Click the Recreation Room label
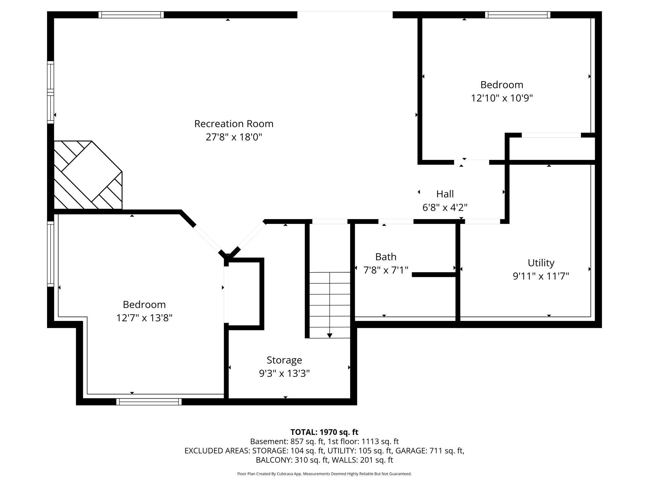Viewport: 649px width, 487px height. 234,124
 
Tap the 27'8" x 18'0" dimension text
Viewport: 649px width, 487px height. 234,137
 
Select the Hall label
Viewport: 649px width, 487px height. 445,194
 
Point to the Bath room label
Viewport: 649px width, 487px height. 386,257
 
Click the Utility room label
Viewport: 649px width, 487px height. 541,263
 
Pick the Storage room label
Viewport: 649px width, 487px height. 284,360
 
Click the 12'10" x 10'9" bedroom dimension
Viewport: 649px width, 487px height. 502,98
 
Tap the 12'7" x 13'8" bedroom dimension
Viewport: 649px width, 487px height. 144,318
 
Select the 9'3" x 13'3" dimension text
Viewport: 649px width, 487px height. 284,373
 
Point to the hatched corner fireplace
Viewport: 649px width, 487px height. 88,175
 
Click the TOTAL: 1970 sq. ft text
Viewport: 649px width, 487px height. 324,432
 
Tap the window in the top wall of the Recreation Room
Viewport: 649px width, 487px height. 131,15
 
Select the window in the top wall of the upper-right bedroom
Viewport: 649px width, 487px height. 518,15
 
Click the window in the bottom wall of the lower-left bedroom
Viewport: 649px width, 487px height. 149,402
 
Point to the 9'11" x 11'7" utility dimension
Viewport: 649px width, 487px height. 541,276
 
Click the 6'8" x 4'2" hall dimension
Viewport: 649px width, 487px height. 445,207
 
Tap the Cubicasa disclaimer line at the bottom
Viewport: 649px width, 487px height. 324,474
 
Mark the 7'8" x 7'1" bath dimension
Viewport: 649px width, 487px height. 386,270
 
